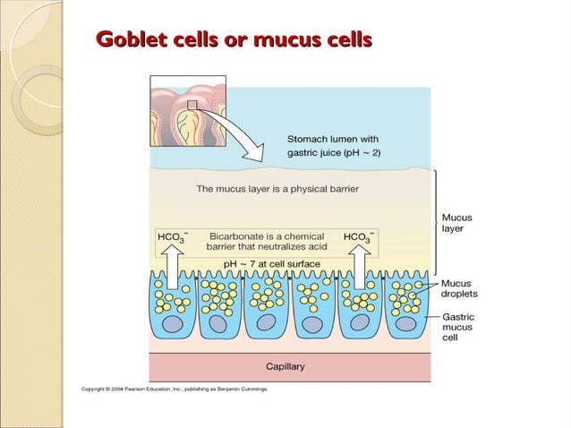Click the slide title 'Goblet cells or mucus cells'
[234, 40]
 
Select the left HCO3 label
[171, 237]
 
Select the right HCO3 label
[359, 237]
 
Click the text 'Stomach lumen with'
[333, 139]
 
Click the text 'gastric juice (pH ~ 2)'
[333, 153]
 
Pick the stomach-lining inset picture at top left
[186, 109]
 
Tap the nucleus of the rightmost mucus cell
[405, 323]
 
